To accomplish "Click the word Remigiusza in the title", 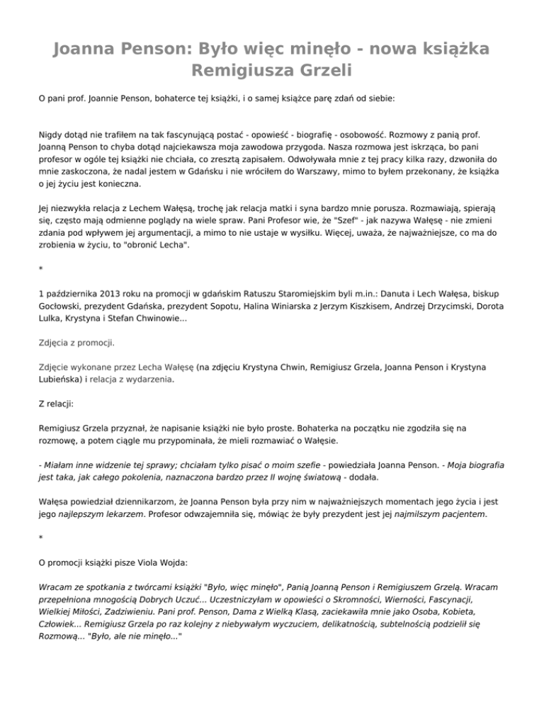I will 242,72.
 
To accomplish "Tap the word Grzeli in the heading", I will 328,72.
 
